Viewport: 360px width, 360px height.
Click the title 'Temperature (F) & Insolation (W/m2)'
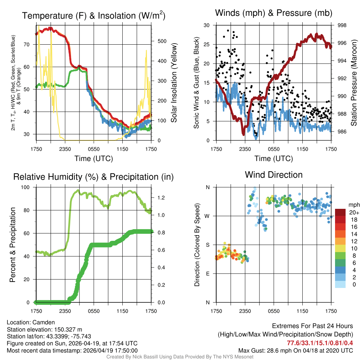pyautogui.click(x=94, y=15)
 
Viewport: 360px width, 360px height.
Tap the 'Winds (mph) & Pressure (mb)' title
pyautogui.click(x=274, y=13)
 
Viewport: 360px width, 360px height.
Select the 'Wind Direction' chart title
pyautogui.click(x=274, y=175)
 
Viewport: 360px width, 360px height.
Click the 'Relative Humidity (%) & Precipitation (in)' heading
pyautogui.click(x=94, y=176)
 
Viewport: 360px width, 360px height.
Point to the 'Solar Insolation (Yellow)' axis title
pyautogui.click(x=174, y=83)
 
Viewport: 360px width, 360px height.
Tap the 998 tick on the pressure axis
pyautogui.click(x=342, y=25)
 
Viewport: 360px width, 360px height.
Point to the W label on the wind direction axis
pyautogui.click(x=207, y=216)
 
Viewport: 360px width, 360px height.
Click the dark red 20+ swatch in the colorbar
pyautogui.click(x=340, y=212)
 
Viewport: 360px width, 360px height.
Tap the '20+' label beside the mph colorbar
pyautogui.click(x=354, y=212)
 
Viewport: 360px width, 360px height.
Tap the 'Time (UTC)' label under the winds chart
pyautogui.click(x=274, y=158)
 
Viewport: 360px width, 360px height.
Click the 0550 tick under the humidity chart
pyautogui.click(x=94, y=311)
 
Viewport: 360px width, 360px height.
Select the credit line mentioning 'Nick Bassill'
pyautogui.click(x=180, y=357)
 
